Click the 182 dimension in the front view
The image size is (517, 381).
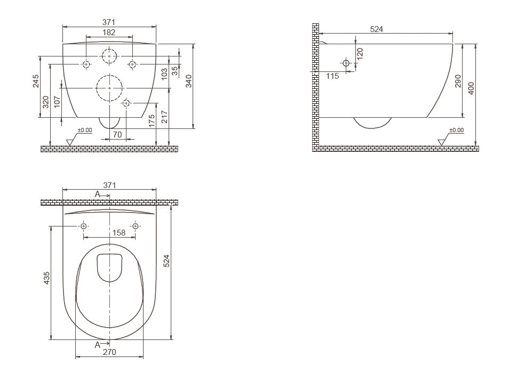pos(109,33)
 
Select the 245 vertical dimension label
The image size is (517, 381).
pos(36,81)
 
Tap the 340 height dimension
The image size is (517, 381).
pos(188,81)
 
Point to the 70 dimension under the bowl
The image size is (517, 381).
pos(117,134)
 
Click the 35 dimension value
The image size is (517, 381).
pos(175,71)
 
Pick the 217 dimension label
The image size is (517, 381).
pos(164,117)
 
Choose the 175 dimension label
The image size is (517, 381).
pos(152,121)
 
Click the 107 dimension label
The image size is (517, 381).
pos(57,102)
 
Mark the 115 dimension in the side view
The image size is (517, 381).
pos(332,76)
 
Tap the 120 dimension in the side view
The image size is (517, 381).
pos(360,53)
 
